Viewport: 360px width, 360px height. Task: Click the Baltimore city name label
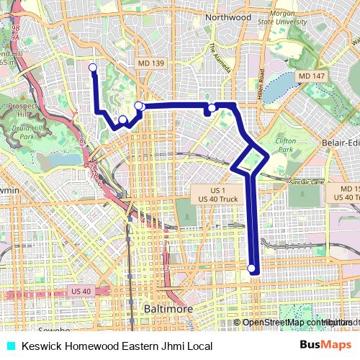[x=168, y=309]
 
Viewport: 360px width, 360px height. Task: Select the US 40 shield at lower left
[x=81, y=291]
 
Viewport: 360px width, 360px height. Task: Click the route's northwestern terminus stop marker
[x=92, y=68]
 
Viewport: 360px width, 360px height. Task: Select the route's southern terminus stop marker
[x=251, y=269]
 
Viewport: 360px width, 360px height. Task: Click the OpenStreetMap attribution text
[x=287, y=323]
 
